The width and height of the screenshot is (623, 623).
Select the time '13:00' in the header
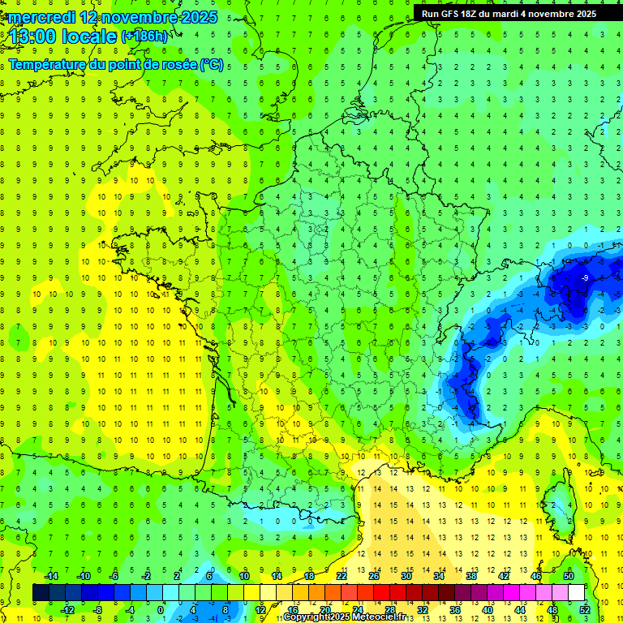[34, 37]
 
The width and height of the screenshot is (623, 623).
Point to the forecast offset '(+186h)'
[144, 37]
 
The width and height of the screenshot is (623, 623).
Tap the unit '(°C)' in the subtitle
[211, 64]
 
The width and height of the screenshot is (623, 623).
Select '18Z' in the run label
[478, 14]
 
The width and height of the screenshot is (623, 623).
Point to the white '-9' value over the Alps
[585, 278]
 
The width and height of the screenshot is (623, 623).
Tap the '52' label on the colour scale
[584, 610]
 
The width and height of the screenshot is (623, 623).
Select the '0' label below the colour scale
[161, 610]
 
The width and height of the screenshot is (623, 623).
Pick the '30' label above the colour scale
[406, 576]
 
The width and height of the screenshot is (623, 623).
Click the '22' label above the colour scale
[341, 576]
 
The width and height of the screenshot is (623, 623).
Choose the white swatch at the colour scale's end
[576, 593]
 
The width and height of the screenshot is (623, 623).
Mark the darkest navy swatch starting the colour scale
[41, 593]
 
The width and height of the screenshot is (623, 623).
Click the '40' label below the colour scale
[487, 610]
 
